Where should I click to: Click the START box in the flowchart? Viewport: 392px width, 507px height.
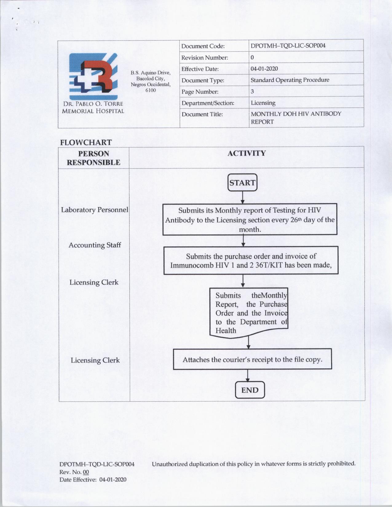[x=242, y=183]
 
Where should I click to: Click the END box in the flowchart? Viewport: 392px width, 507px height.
[x=250, y=390]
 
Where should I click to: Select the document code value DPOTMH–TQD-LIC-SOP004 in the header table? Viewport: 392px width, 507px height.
[x=288, y=46]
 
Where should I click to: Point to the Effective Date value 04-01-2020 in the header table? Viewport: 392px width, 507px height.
[x=264, y=69]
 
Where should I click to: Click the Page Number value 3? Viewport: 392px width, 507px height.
[x=252, y=92]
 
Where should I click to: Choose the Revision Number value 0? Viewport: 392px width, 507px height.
[x=252, y=57]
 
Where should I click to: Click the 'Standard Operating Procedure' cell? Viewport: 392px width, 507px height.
[x=290, y=80]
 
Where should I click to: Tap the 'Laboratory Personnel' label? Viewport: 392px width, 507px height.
[x=94, y=210]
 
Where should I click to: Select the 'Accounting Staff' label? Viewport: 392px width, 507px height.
[x=95, y=245]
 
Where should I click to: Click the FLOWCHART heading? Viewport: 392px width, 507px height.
[x=86, y=143]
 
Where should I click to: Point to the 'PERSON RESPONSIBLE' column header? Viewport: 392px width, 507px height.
[x=93, y=158]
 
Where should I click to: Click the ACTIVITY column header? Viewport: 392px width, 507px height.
[x=247, y=153]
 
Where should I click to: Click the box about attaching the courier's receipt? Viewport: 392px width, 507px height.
[x=252, y=360]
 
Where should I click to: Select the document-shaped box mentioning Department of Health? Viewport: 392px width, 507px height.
[x=249, y=313]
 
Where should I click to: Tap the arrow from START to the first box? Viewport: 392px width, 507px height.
[x=243, y=198]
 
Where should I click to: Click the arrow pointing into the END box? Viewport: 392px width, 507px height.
[x=247, y=375]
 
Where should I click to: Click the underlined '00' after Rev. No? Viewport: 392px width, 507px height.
[x=86, y=472]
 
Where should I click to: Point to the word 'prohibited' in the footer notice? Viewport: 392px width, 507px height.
[x=341, y=463]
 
